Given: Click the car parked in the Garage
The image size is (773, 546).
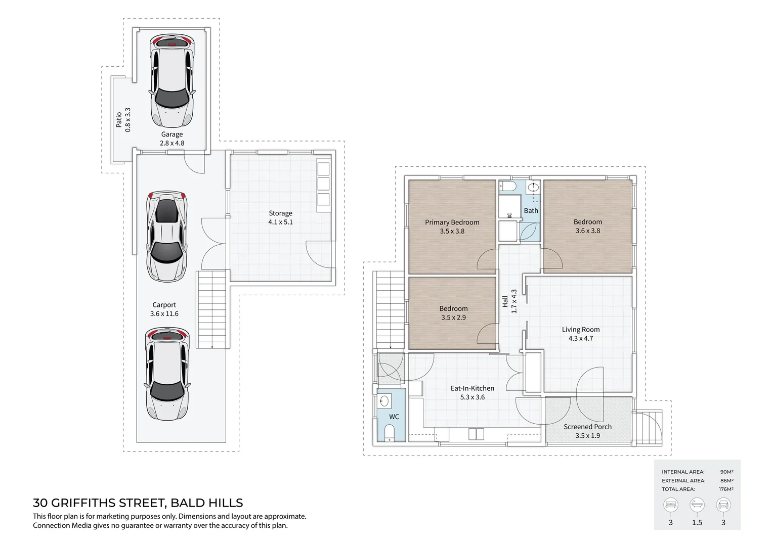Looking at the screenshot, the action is (x=172, y=81).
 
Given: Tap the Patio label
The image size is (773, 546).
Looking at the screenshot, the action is (x=119, y=120).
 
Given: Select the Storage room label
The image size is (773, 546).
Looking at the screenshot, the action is (x=281, y=213).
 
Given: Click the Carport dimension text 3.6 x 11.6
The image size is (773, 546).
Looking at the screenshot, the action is (x=164, y=313).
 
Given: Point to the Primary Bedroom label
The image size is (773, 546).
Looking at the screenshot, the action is (x=452, y=222).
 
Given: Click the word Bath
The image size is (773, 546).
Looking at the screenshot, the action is (x=531, y=210).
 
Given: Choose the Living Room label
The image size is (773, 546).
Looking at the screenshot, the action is (x=581, y=330).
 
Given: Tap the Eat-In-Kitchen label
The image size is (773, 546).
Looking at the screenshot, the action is (x=473, y=388).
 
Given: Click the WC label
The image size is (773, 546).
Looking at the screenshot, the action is (x=394, y=417).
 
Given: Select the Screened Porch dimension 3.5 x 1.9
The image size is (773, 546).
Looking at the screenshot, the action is (x=588, y=436).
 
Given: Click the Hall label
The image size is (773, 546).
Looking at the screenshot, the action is (x=505, y=301).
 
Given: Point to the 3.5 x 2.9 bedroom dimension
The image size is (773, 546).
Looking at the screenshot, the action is (x=453, y=317).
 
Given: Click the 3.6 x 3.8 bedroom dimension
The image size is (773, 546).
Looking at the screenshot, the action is (x=588, y=231).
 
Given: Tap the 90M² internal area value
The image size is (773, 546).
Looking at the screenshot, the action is (x=727, y=472).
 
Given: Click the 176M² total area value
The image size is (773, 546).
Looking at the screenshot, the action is (x=726, y=489).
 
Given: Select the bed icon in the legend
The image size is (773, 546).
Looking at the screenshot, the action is (x=670, y=505).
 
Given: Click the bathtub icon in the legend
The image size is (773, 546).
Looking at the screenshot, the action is (x=697, y=505).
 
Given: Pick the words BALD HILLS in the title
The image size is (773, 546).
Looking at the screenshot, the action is (x=207, y=503).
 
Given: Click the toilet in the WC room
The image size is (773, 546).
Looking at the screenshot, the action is (x=389, y=433).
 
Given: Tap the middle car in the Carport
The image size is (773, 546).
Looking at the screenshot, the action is (x=166, y=236).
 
